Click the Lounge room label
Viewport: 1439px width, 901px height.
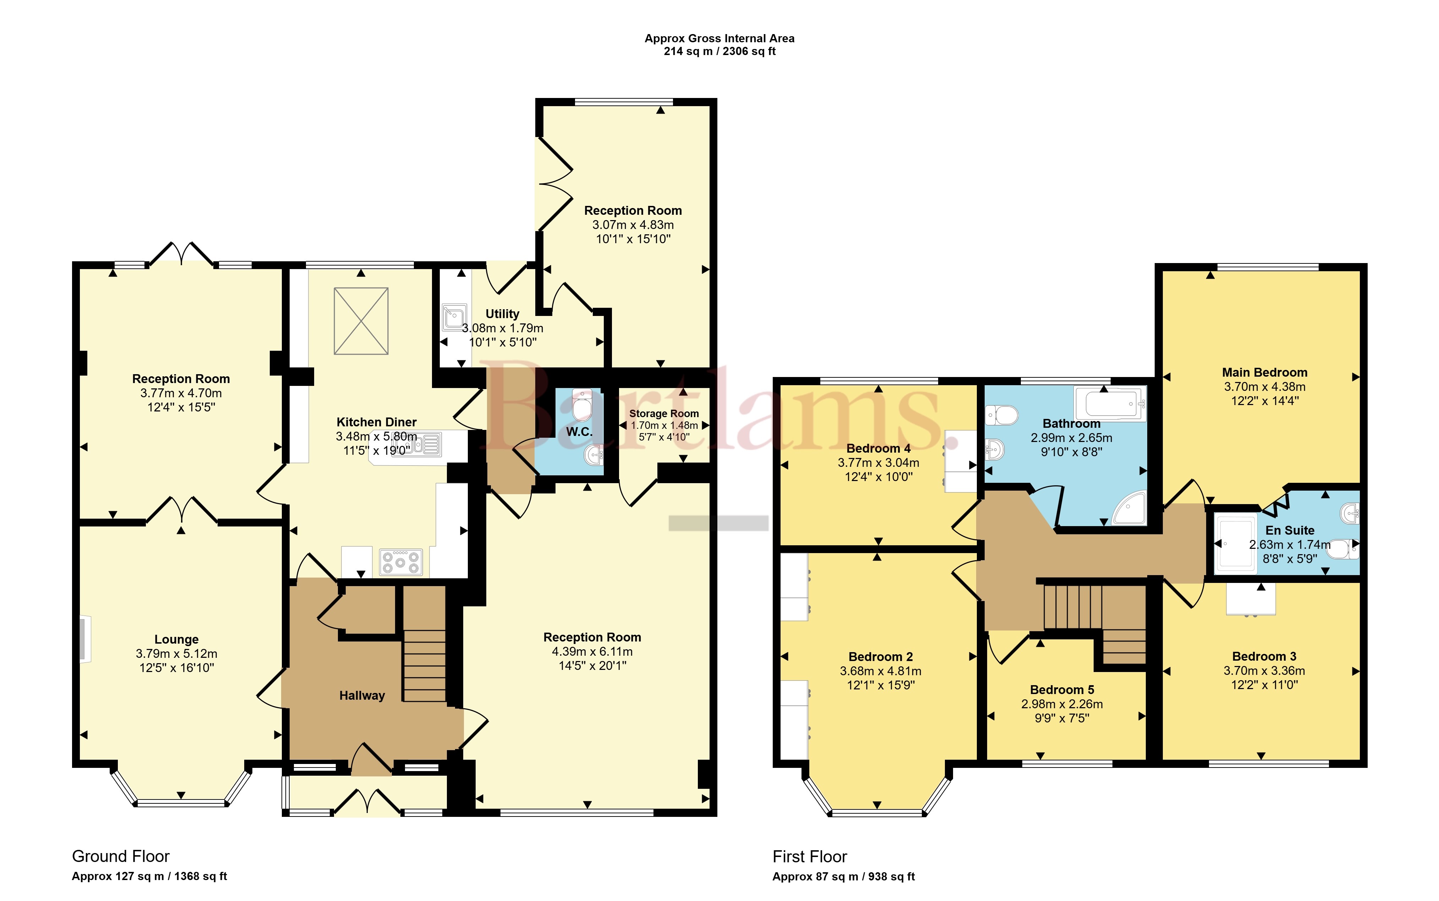pos(176,639)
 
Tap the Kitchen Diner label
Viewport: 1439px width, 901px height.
pos(377,422)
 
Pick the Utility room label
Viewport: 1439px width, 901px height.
pos(502,313)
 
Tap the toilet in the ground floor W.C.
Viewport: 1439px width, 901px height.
pos(581,405)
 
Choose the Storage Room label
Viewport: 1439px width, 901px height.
pos(664,414)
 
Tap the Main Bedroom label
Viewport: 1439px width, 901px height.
pos(1264,372)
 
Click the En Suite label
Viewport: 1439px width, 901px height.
pos(1290,530)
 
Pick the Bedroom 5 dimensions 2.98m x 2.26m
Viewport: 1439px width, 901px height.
pos(1062,704)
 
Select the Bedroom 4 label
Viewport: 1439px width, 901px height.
pos(878,448)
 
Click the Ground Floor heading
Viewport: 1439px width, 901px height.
pos(121,856)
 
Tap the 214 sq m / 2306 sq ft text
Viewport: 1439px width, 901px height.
pos(720,51)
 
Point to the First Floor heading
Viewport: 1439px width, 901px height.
pos(810,857)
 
